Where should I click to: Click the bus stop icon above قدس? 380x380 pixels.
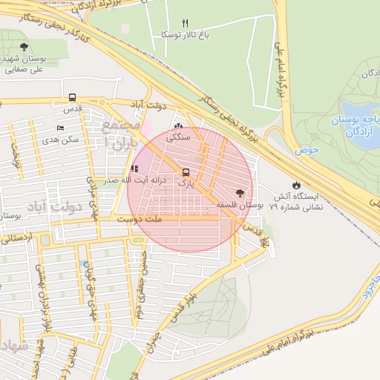[x=72, y=97]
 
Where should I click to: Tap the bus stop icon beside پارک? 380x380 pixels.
[x=185, y=172]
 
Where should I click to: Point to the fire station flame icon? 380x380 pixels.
[x=297, y=185]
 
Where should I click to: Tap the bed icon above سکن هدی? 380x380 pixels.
[x=60, y=128]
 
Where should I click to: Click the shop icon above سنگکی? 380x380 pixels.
[x=178, y=125]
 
